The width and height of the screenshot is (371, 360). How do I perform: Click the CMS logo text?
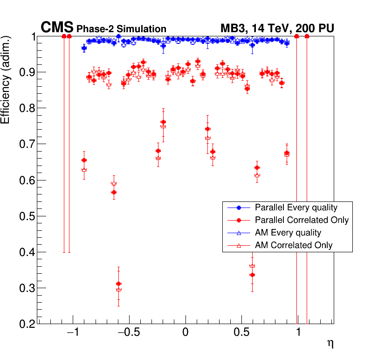pos(57,28)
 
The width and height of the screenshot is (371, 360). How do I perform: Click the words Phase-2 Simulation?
pos(121,29)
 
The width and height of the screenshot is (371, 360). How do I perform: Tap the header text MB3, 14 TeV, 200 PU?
pos(277,29)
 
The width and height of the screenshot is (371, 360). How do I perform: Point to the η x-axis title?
pos(330,344)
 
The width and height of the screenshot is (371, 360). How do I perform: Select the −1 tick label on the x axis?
pos(72,333)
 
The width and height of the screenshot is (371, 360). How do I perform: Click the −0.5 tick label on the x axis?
pos(126,333)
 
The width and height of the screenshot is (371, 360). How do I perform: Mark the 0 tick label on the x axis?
pos(185,333)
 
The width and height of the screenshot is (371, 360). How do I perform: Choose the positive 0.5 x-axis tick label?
pos(241,333)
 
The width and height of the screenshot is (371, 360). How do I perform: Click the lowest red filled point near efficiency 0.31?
pos(118,284)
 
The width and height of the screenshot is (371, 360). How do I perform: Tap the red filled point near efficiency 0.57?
pos(114,192)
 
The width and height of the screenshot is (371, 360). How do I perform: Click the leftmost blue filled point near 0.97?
pos(84,48)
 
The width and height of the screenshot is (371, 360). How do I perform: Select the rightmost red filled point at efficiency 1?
pos(307,36)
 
